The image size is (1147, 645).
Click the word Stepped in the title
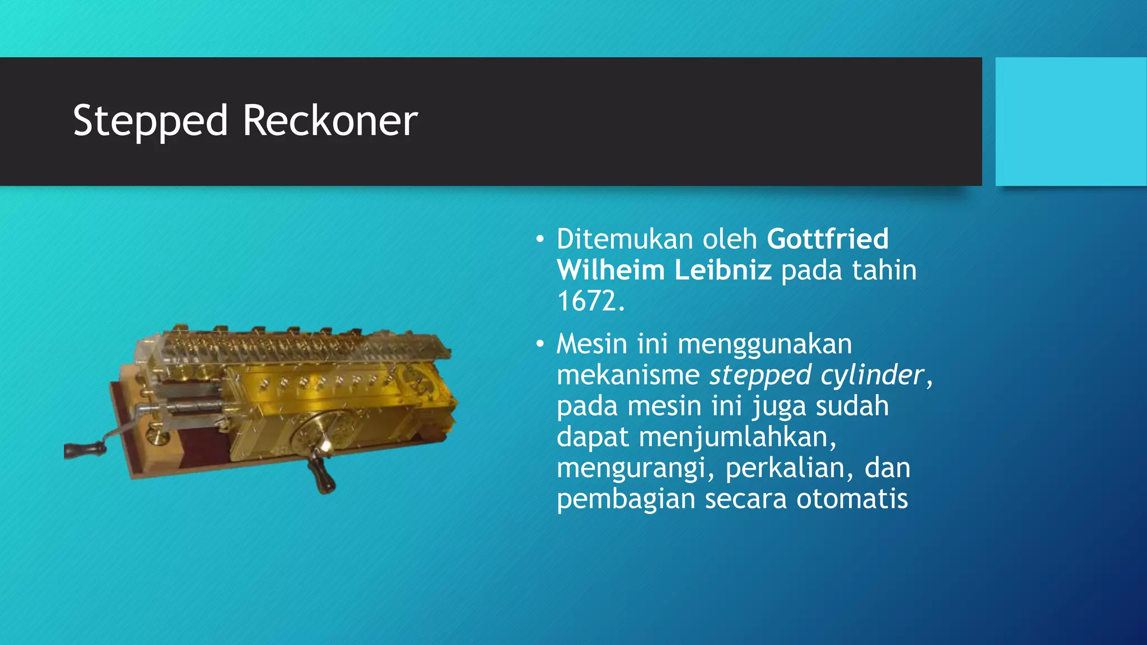(x=150, y=121)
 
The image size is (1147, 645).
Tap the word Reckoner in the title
(x=330, y=121)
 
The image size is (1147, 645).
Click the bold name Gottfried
(x=827, y=239)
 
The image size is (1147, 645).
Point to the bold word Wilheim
(x=610, y=270)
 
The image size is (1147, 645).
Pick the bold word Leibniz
(x=722, y=270)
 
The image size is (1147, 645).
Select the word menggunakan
(x=764, y=344)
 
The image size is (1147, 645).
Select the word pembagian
(x=626, y=499)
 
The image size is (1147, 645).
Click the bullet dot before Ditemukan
(x=539, y=240)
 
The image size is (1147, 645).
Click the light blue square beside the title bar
(x=1071, y=121)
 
